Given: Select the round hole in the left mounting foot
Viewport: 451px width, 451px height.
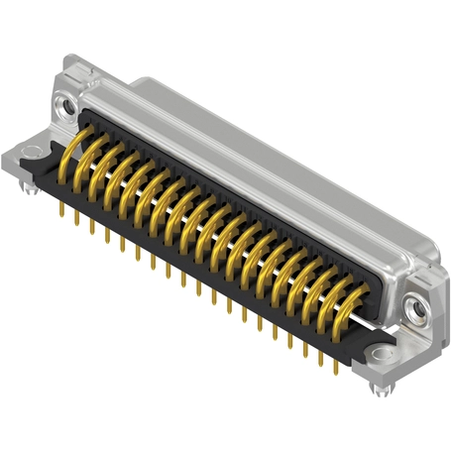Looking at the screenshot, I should click(31, 152).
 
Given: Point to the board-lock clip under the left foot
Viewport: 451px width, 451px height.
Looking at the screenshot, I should click(30, 182).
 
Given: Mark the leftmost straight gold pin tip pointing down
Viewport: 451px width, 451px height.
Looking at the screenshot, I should click(62, 212).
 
